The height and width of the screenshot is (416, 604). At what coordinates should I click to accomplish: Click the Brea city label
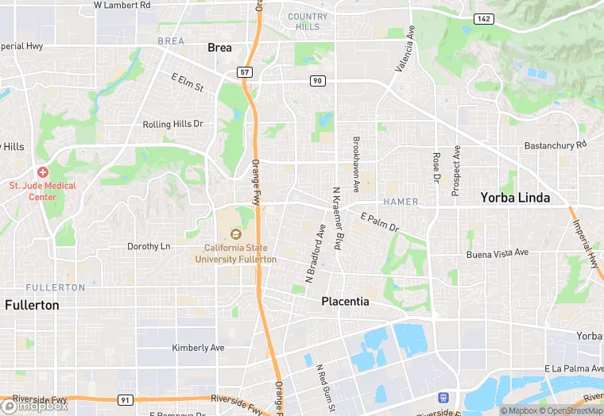click(219, 48)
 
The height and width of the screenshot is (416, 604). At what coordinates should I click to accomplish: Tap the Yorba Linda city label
click(515, 198)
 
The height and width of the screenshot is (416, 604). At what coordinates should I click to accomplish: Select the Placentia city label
click(345, 302)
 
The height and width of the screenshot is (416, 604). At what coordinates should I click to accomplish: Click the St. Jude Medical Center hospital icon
click(42, 172)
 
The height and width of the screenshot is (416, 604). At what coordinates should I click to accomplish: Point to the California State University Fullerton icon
click(235, 233)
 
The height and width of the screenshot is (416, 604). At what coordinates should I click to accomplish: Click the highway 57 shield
click(245, 72)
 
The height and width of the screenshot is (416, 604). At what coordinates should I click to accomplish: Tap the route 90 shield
click(317, 81)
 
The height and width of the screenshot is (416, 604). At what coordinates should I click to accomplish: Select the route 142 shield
click(482, 17)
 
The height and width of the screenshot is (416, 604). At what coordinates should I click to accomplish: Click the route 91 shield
click(125, 400)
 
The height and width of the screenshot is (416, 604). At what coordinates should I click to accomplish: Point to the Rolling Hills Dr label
click(172, 125)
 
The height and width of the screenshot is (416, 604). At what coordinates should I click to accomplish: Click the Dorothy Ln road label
click(149, 247)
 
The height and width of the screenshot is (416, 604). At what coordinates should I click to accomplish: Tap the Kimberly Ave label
click(199, 348)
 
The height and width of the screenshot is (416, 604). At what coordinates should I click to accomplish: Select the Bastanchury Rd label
click(555, 145)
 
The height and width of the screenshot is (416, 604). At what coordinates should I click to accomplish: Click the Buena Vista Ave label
click(497, 252)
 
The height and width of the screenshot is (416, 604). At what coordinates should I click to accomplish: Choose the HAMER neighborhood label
click(401, 202)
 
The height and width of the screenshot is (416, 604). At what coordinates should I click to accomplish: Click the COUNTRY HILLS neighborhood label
click(308, 21)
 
